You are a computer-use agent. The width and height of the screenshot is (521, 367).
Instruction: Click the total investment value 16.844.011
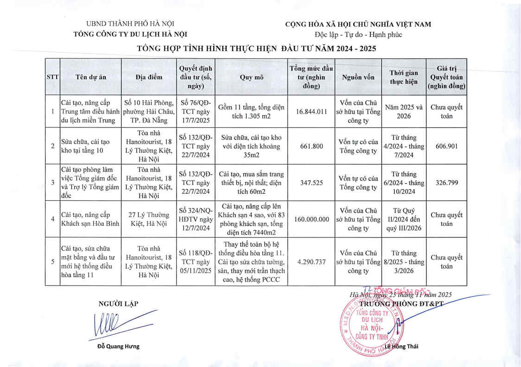coord(311,111)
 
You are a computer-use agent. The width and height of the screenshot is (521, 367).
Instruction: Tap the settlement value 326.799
coord(447,183)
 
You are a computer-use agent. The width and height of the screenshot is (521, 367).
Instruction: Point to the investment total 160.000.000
coord(311,219)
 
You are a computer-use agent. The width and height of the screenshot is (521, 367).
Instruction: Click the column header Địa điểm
coord(149,77)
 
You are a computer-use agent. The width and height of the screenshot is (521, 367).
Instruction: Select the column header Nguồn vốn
coord(358,77)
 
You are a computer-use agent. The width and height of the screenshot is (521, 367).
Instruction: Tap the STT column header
coord(52,77)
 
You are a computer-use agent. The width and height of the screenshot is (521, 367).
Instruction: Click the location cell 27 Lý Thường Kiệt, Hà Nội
coord(149,219)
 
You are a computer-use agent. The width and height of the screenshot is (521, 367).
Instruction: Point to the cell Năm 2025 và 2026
coord(403,111)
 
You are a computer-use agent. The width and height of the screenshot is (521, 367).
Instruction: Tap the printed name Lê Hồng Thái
coord(401,347)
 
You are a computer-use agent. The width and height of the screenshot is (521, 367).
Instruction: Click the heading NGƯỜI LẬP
coord(118,304)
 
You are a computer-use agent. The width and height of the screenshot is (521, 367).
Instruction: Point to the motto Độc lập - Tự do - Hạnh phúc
coord(358,34)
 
